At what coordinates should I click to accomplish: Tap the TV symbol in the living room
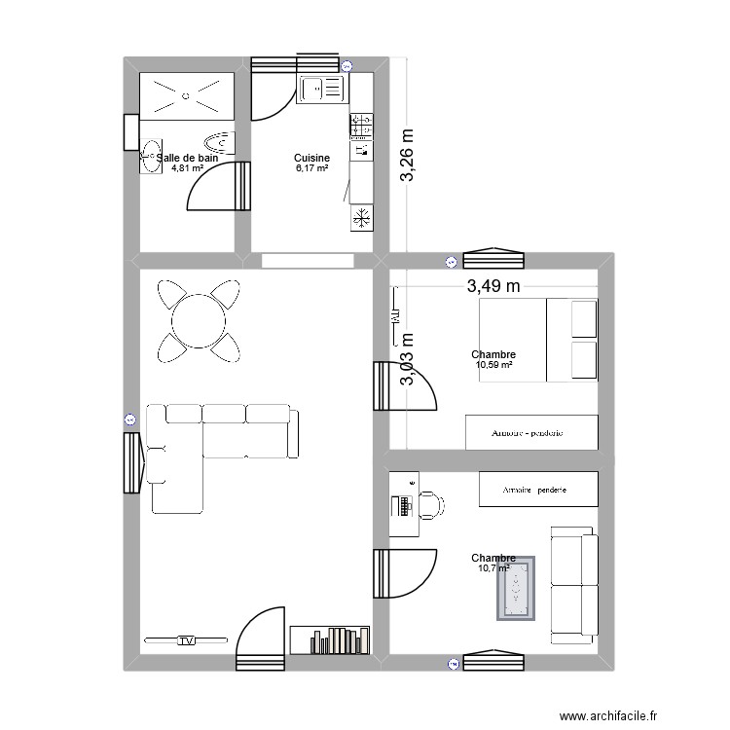(x=185, y=640)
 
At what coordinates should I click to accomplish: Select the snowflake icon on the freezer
(x=361, y=218)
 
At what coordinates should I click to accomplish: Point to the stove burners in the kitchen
(x=361, y=126)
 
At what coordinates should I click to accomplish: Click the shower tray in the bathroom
(x=188, y=95)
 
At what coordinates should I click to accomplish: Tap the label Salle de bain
(x=189, y=158)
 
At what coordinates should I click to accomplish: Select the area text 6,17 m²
(x=311, y=168)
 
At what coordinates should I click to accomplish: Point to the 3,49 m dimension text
(x=493, y=286)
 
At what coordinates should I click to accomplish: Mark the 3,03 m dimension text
(x=409, y=359)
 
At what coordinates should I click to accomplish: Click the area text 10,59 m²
(x=493, y=366)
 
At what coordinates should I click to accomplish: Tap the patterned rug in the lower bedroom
(x=516, y=589)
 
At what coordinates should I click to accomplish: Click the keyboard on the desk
(x=401, y=506)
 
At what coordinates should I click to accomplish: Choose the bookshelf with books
(x=331, y=639)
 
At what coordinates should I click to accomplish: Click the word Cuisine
(x=311, y=158)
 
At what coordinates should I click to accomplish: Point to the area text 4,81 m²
(x=187, y=168)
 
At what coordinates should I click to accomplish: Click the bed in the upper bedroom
(x=537, y=339)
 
